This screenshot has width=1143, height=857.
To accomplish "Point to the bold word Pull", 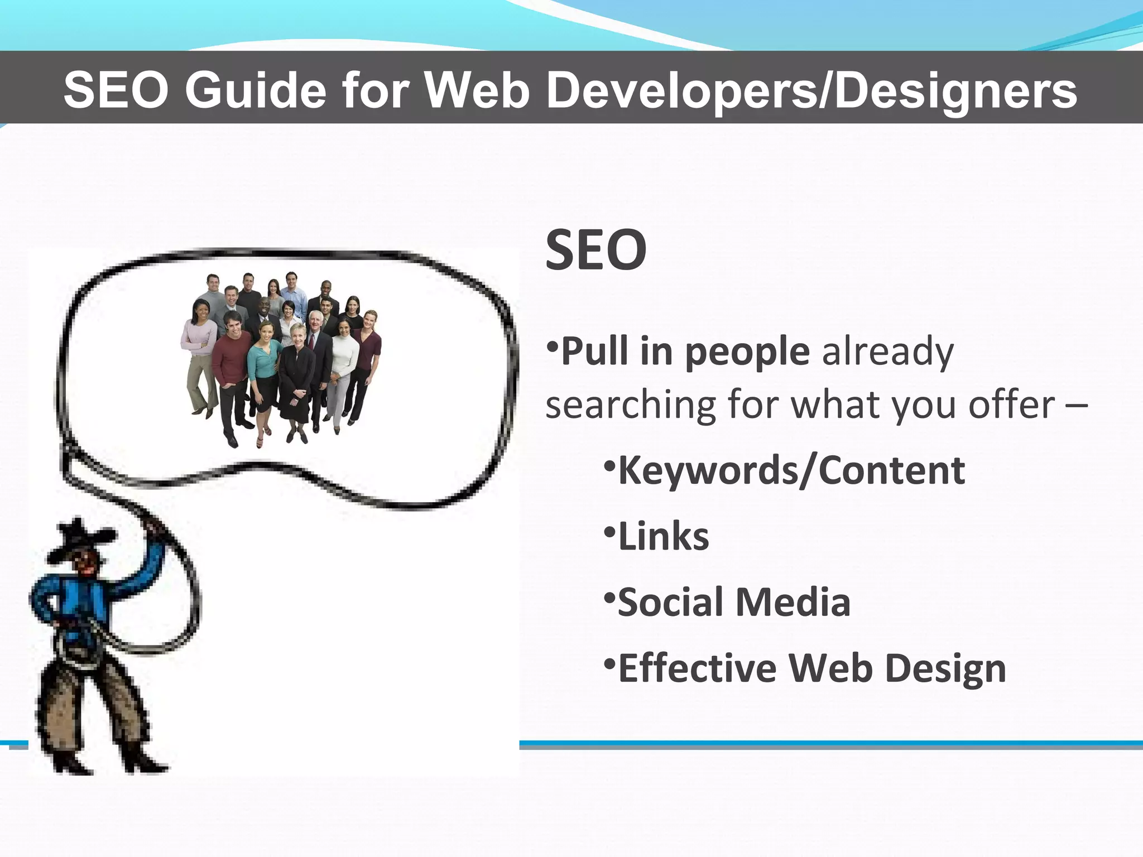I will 594,352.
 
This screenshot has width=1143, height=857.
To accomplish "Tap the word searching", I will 631,405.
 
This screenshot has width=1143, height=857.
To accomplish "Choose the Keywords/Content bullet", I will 791,470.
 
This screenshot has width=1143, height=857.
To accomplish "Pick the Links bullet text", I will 663,536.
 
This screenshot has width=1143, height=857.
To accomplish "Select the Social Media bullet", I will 734,602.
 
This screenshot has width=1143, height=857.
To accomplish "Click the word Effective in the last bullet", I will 698,668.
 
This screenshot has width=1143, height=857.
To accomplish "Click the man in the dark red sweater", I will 231,357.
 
